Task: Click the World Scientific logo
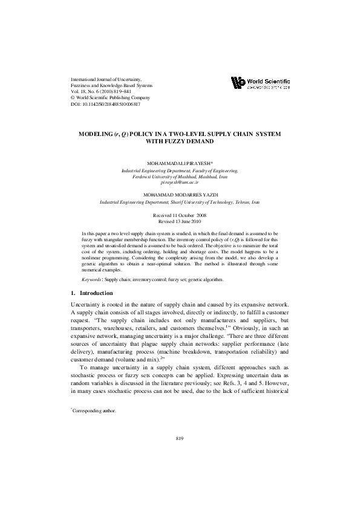[x=260, y=83]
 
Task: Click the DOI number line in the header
[x=106, y=104]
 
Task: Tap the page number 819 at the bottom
[x=180, y=438]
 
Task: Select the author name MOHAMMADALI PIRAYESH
[x=180, y=164]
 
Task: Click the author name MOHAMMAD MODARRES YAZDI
[x=180, y=195]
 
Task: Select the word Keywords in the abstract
[x=92, y=280]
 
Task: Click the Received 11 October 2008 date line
[x=180, y=215]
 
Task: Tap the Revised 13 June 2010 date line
[x=180, y=222]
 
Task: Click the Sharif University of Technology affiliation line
[x=180, y=201]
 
